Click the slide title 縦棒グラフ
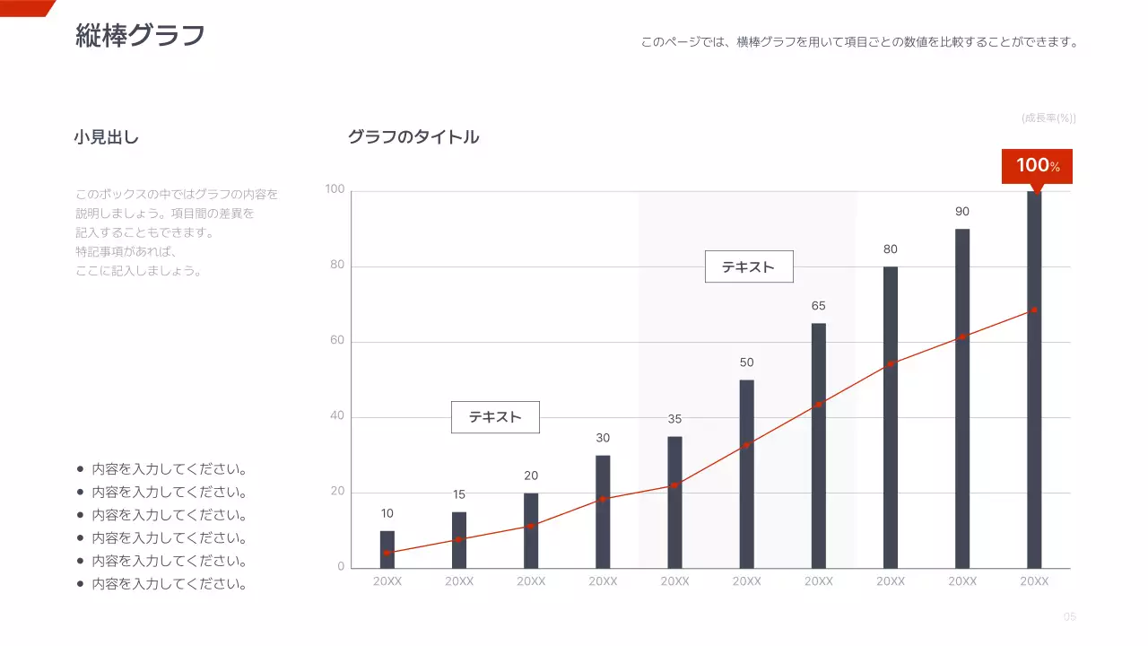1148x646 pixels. click(x=141, y=36)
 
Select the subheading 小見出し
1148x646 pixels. click(x=107, y=137)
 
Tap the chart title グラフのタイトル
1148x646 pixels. click(x=413, y=137)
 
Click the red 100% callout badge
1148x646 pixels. click(x=1037, y=166)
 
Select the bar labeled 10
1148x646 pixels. click(x=387, y=549)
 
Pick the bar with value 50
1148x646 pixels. click(x=746, y=474)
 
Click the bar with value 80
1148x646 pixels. click(x=890, y=417)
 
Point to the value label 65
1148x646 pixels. click(x=818, y=306)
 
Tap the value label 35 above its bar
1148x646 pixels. click(x=674, y=419)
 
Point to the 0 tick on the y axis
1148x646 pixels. click(x=341, y=567)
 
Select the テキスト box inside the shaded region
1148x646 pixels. click(x=749, y=266)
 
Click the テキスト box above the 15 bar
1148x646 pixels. click(x=495, y=417)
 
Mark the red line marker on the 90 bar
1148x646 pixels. click(x=961, y=336)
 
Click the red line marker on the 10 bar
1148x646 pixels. click(x=387, y=553)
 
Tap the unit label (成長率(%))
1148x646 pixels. click(x=1048, y=118)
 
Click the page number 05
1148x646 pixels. click(x=1069, y=616)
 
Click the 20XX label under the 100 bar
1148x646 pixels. click(x=1033, y=581)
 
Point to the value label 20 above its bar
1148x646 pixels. click(x=531, y=476)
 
